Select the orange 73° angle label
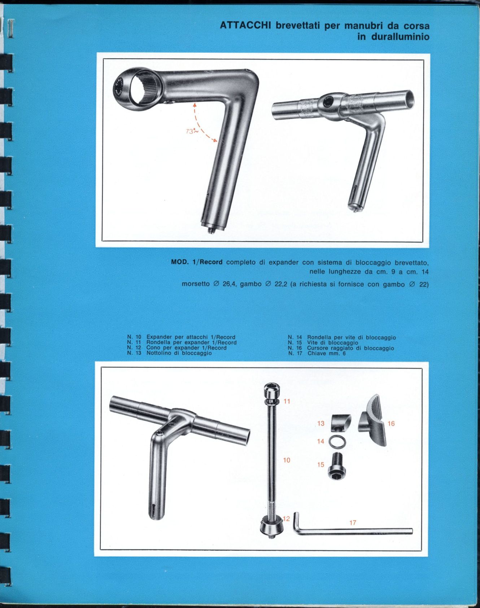point(192,132)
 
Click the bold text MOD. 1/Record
point(197,262)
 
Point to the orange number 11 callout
point(287,401)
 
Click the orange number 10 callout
point(287,460)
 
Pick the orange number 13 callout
point(321,423)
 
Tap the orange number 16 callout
point(391,424)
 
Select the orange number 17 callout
point(353,522)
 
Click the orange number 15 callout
point(321,465)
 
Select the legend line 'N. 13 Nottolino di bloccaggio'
point(169,353)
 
